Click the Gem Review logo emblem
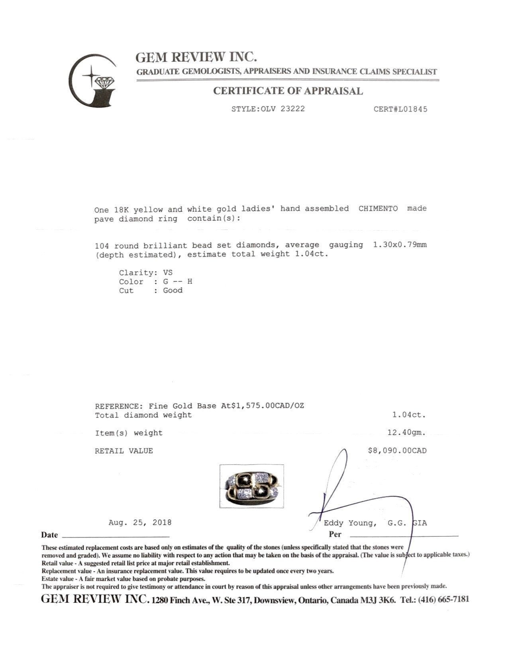tap(92, 81)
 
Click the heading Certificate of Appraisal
tap(288, 91)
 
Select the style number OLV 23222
tap(283, 109)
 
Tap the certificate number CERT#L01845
tap(400, 109)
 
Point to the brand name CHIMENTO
tap(378, 209)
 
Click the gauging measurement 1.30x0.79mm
tap(400, 245)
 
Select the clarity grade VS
tap(168, 273)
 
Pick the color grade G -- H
tap(177, 282)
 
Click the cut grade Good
tap(173, 290)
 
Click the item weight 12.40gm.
tap(406, 432)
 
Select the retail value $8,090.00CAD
tap(397, 451)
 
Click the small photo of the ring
tap(251, 486)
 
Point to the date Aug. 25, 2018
tap(140, 522)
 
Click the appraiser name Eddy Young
tap(350, 523)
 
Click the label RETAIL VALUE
tap(124, 451)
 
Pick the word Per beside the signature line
tap(335, 534)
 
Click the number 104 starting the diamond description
tap(102, 246)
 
